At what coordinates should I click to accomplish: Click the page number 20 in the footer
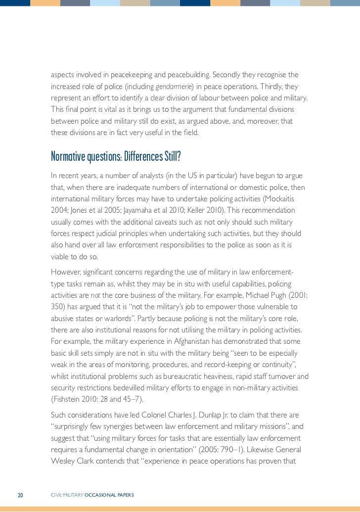click(21, 495)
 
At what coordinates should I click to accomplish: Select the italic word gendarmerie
click(172, 87)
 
